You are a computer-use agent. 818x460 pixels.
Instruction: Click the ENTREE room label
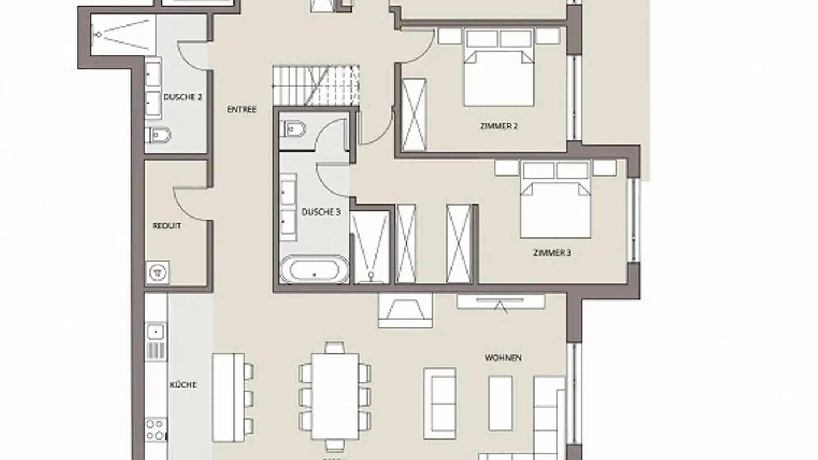[241, 110]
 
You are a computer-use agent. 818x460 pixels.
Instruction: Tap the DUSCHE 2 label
[182, 97]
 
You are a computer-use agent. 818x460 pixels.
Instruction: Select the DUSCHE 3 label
[321, 212]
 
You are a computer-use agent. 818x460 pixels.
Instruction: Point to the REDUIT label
[167, 226]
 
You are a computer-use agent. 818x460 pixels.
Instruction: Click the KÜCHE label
[183, 385]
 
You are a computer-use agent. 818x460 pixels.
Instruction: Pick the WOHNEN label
[503, 358]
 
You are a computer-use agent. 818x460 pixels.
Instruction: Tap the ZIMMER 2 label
[499, 126]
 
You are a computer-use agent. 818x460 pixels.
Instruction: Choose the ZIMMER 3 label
[552, 253]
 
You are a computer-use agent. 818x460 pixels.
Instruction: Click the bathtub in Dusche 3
[315, 270]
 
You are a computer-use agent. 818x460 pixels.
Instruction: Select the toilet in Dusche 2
[158, 135]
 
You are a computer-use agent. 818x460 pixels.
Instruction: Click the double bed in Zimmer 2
[499, 71]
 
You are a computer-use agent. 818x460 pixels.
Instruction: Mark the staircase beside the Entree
[316, 86]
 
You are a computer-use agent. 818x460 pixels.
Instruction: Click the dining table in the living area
[335, 396]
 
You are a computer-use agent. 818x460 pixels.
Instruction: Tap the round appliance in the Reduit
[157, 272]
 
